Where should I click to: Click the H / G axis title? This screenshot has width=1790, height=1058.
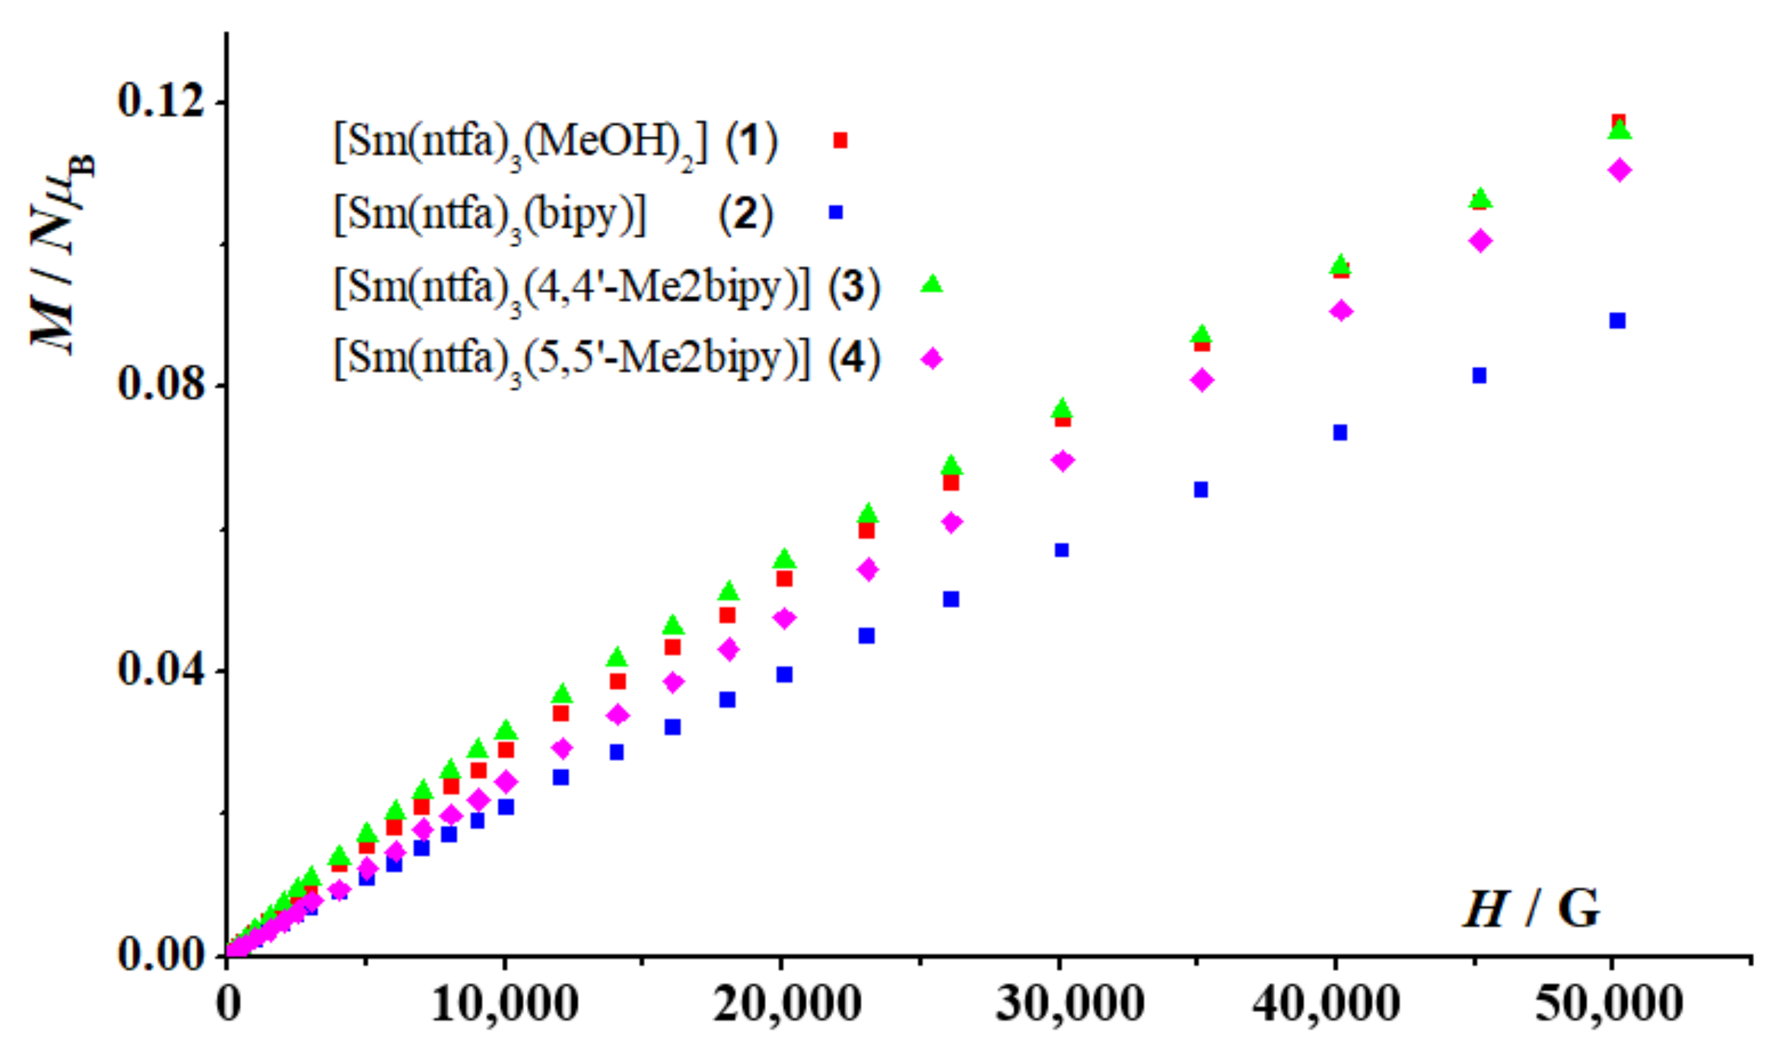point(1532,910)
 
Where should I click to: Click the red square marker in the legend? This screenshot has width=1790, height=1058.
point(840,141)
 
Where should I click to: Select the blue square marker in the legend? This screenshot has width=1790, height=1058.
point(836,212)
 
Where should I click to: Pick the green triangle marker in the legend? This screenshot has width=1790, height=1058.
point(931,284)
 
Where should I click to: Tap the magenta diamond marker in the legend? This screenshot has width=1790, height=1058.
point(931,358)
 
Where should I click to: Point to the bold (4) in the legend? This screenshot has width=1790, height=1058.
point(854,358)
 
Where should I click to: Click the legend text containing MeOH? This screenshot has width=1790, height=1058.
point(520,142)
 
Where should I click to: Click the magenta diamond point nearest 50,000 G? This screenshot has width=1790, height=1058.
point(1620,170)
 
